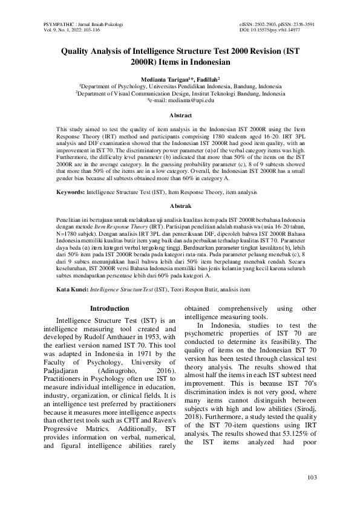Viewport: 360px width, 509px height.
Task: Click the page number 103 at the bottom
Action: tap(312, 479)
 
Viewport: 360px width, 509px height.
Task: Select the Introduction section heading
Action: tap(110, 308)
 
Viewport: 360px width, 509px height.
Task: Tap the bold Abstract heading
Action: tap(180, 115)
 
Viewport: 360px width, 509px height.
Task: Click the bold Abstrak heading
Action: tap(180, 207)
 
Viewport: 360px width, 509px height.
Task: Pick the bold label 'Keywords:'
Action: tap(70, 192)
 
